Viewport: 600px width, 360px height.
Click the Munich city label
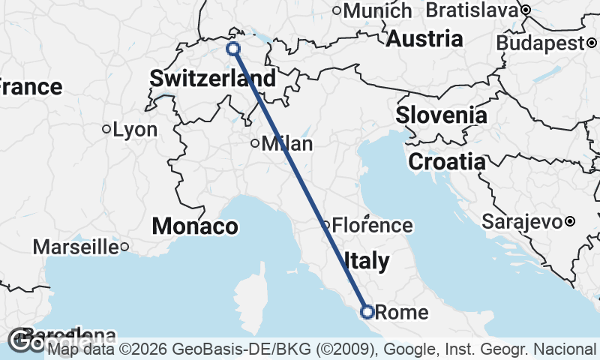click(x=378, y=10)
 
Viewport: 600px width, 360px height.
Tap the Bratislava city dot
click(x=526, y=10)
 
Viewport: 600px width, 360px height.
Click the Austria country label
click(x=424, y=39)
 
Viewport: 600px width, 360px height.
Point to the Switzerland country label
click(x=212, y=78)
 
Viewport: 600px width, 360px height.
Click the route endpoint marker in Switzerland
click(x=233, y=49)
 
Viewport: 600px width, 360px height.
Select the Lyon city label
click(x=135, y=130)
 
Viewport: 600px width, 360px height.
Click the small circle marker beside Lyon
click(x=106, y=129)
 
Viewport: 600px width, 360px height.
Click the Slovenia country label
click(x=441, y=115)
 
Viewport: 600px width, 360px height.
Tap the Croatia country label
click(x=446, y=161)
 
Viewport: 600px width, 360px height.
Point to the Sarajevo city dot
click(x=570, y=221)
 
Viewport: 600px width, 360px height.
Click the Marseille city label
click(x=76, y=247)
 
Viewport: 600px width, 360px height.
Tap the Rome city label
click(x=400, y=313)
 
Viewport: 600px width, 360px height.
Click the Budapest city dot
click(x=590, y=43)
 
